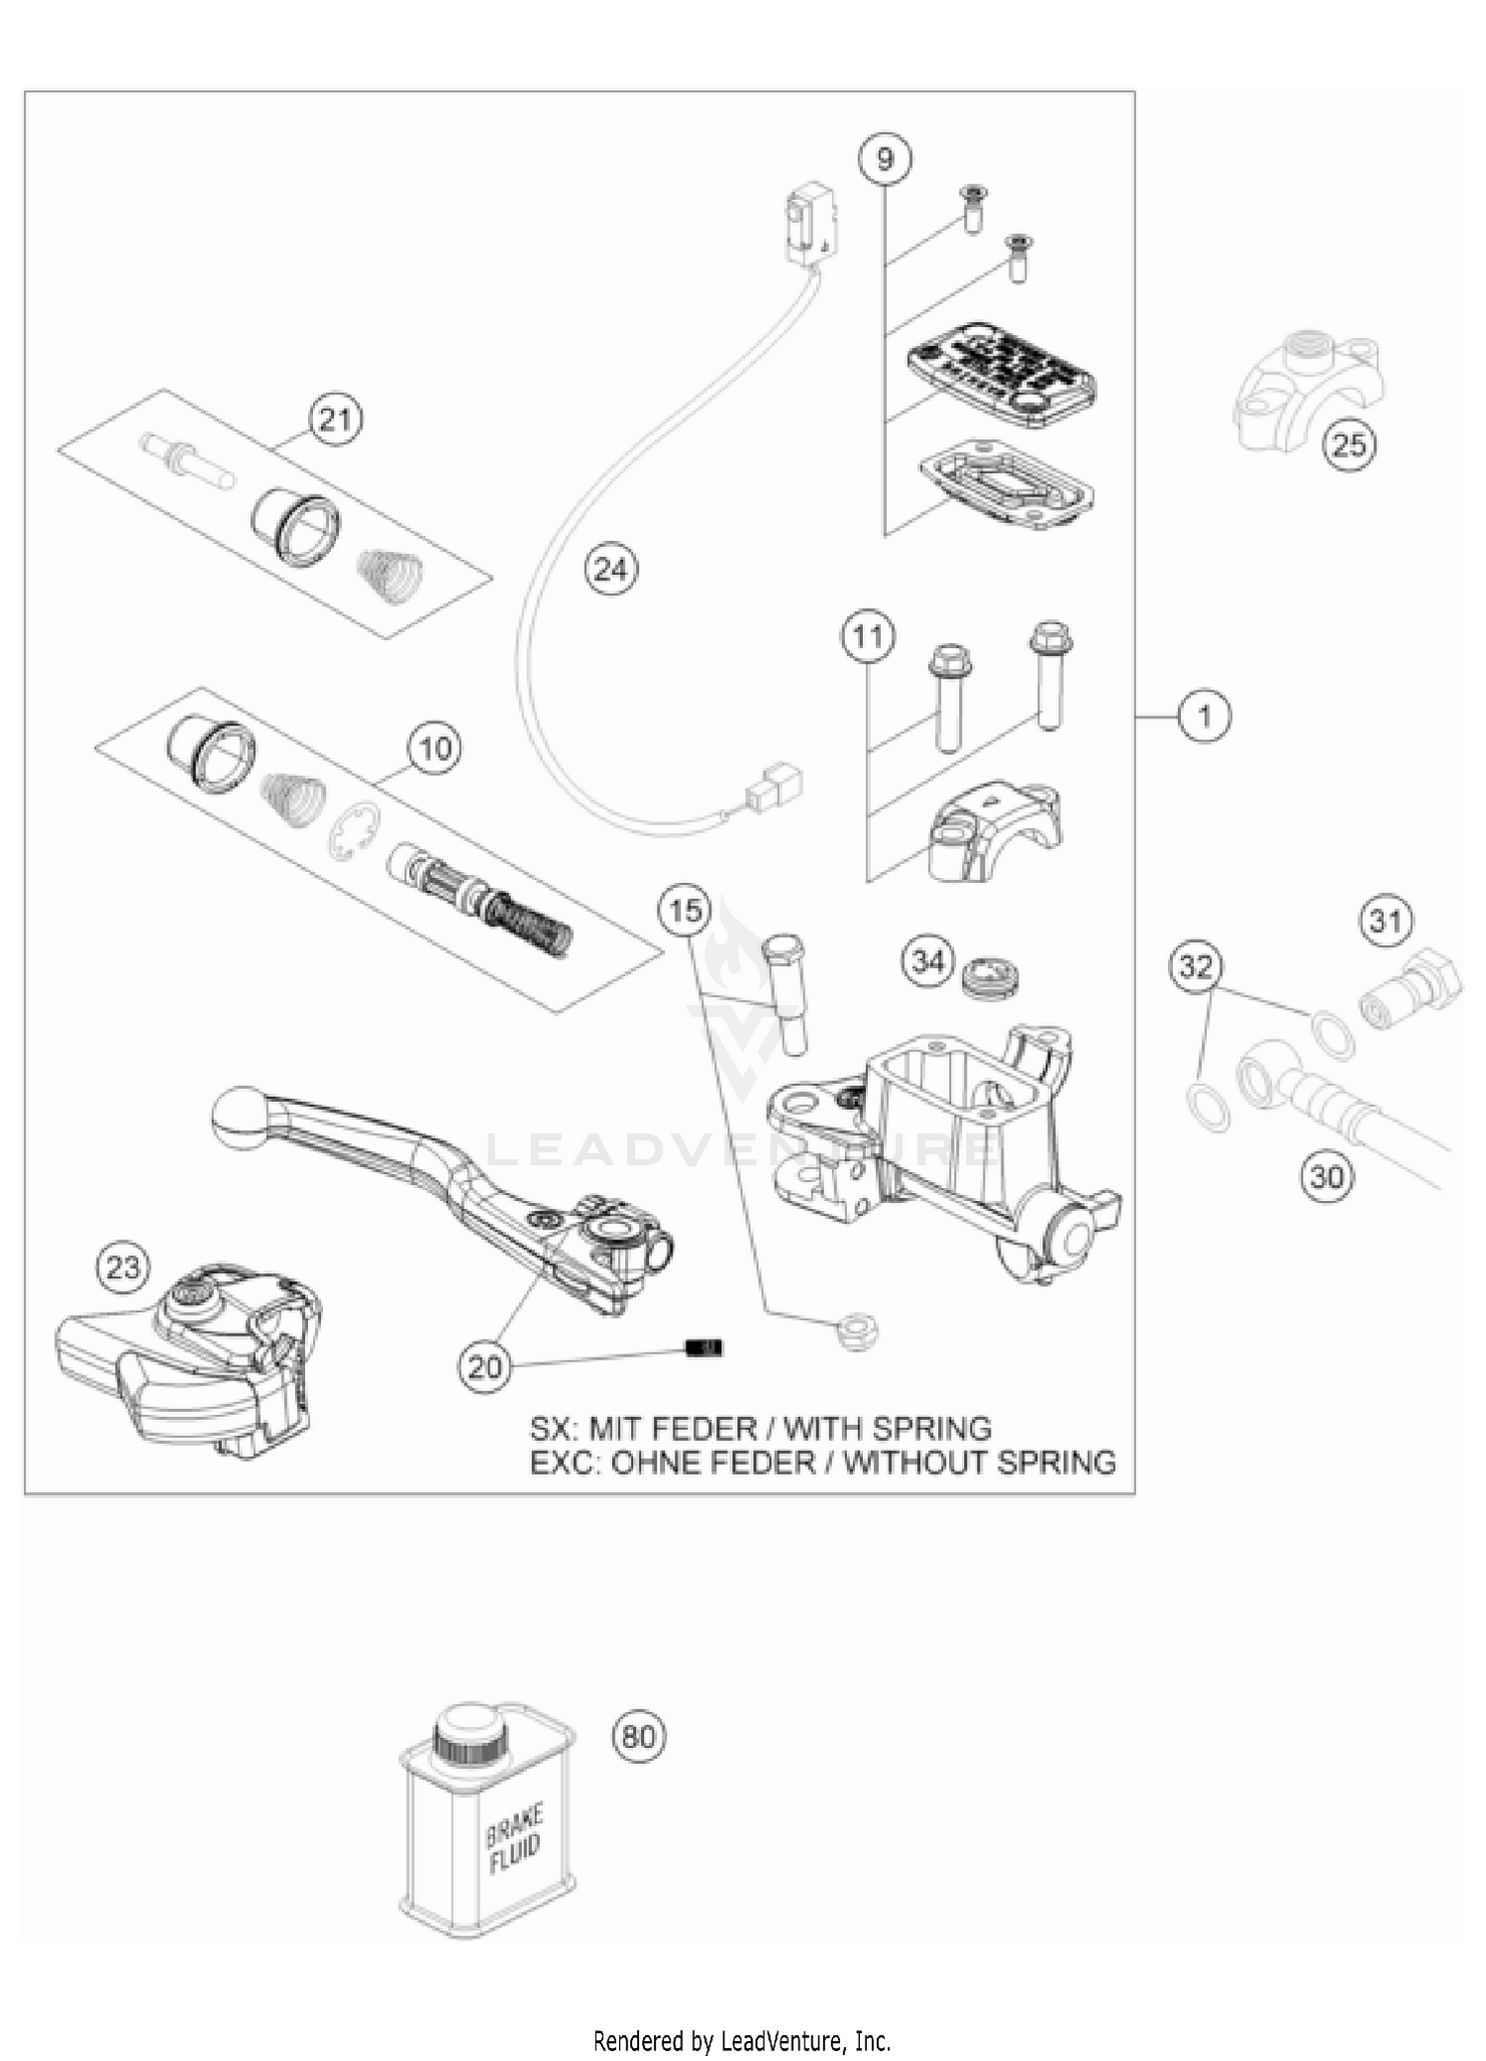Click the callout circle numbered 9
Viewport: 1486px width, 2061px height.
click(x=885, y=159)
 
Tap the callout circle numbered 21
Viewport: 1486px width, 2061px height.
click(x=336, y=420)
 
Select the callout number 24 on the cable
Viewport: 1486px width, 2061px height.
click(x=611, y=570)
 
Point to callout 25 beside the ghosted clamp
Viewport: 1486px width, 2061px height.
click(x=1349, y=445)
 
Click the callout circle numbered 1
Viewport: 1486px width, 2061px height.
click(x=1204, y=714)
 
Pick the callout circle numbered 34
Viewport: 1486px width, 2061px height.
click(x=928, y=961)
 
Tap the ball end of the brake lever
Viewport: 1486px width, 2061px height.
click(x=237, y=1118)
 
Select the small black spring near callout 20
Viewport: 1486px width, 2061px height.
click(x=705, y=1348)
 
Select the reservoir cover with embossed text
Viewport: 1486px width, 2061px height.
click(x=1001, y=373)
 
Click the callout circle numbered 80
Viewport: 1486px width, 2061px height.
click(x=639, y=1736)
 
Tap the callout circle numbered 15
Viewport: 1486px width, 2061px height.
click(x=686, y=910)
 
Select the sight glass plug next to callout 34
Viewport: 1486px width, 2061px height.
click(x=991, y=976)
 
